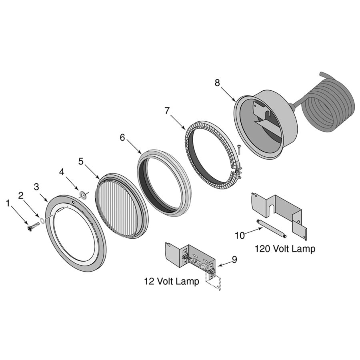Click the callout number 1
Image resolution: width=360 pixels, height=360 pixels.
coord(8,203)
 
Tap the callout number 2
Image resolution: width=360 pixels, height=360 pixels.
coord(21,195)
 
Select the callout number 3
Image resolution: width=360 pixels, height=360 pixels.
coord(36,187)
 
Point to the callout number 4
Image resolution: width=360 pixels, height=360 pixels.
coord(62,172)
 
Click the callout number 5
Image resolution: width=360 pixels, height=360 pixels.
coord(81,161)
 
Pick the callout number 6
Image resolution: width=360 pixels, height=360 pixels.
coord(122,138)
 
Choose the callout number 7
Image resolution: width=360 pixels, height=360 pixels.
coord(167,111)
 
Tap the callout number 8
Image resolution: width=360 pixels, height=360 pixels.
coord(217,83)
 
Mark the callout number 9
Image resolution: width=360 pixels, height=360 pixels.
coord(234,259)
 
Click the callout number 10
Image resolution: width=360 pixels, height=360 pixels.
coord(240,236)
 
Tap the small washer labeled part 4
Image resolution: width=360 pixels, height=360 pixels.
coord(83,195)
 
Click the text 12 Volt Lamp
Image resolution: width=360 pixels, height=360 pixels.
coord(171,281)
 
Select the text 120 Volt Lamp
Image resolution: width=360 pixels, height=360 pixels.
coord(285,249)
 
